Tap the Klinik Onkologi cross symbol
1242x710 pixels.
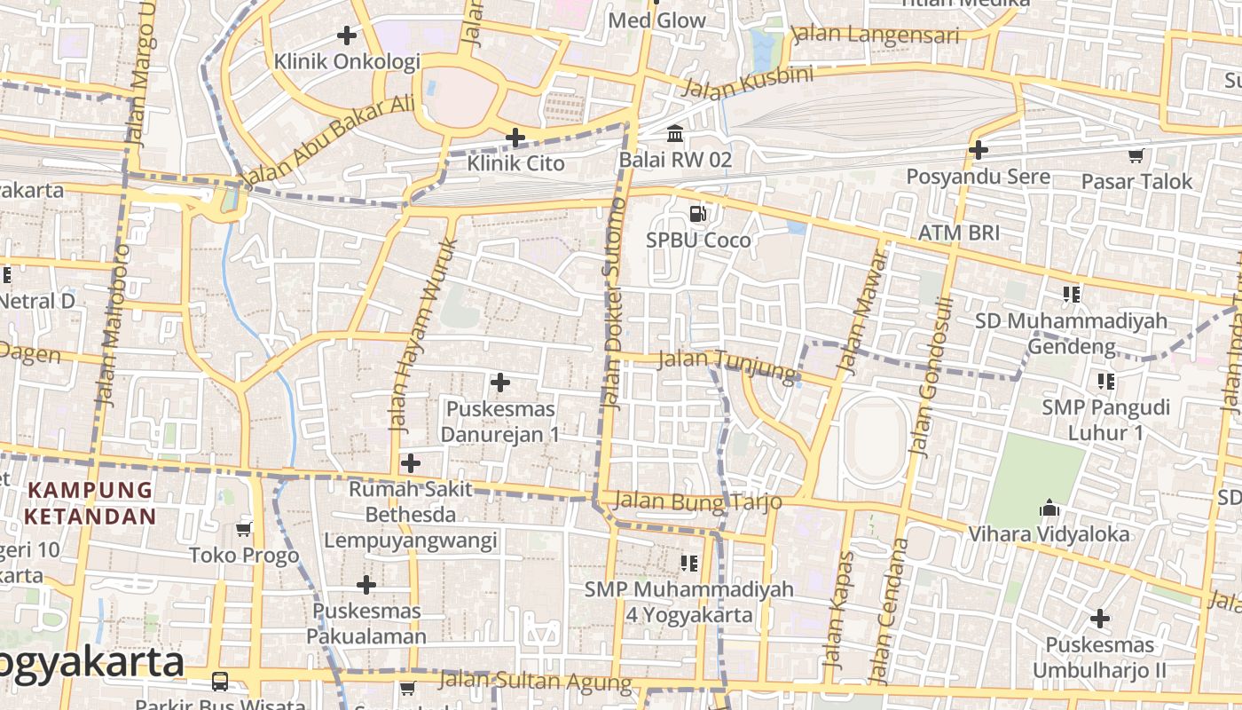coord(347,35)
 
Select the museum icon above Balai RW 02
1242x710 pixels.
coord(675,133)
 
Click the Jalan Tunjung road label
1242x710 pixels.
coord(727,366)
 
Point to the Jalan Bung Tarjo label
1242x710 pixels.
coord(697,501)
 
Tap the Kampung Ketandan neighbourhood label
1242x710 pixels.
coord(90,502)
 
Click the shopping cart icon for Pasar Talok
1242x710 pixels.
coord(1136,156)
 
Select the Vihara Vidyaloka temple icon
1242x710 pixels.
coord(1049,509)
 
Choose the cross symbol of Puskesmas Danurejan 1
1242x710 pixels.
coord(500,383)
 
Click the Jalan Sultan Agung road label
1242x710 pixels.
coord(535,681)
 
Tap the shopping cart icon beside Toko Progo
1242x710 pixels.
coord(244,530)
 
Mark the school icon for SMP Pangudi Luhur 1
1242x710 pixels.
coord(1105,382)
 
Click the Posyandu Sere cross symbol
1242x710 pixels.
coord(979,150)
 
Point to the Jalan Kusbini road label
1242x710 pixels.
coord(747,83)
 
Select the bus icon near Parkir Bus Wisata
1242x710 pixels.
coord(219,682)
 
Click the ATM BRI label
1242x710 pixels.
coord(958,233)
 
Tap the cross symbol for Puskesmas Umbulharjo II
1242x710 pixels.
coord(1100,619)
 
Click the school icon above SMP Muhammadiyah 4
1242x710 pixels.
coord(688,563)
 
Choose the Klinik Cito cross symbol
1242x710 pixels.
coord(515,138)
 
